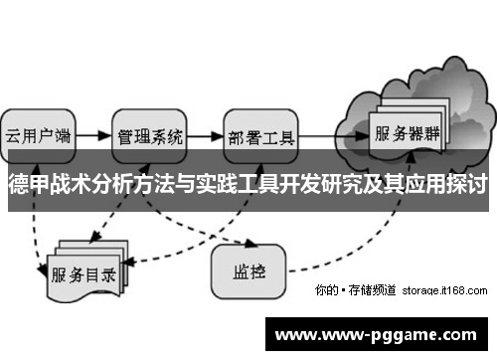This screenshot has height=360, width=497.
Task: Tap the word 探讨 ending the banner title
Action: (x=468, y=185)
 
